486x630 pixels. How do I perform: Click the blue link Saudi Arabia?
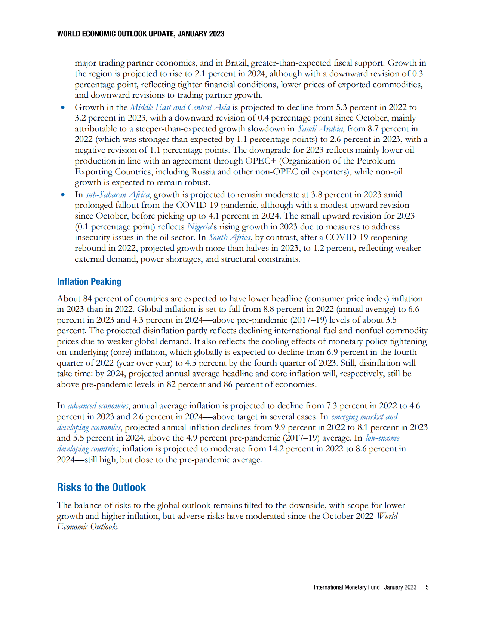(320, 129)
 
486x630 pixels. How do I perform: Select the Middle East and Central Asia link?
(180, 107)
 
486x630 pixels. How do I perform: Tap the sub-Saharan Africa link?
(118, 195)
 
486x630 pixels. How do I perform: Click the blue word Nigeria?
(199, 227)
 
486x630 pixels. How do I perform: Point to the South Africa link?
(230, 237)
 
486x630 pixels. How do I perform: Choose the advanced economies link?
(98, 406)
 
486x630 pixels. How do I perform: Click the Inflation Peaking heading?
(89, 282)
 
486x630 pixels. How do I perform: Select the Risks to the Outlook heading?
(101, 487)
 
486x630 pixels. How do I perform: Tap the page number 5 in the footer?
(427, 587)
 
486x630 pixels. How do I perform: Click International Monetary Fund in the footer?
(346, 587)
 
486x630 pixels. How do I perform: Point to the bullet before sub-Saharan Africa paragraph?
(63, 195)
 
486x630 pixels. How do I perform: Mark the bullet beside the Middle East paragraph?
(63, 107)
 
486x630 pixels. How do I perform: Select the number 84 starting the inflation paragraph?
(87, 299)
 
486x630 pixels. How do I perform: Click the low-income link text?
(382, 438)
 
